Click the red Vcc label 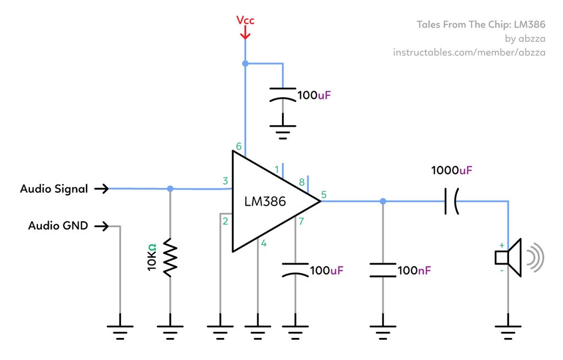(x=245, y=21)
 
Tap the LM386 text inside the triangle (x=265, y=202)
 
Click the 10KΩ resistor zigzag (x=170, y=257)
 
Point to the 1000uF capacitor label (x=451, y=170)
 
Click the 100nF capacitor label (x=414, y=270)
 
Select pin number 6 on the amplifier (x=239, y=146)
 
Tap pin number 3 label (x=225, y=181)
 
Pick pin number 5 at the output (x=323, y=194)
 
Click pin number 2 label (x=225, y=221)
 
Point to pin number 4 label (x=264, y=243)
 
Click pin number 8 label (x=301, y=182)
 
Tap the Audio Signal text (x=54, y=189)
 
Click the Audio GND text (x=58, y=225)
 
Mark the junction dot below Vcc (x=245, y=64)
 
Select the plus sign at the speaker (x=501, y=245)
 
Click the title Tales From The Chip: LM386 (x=481, y=25)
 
